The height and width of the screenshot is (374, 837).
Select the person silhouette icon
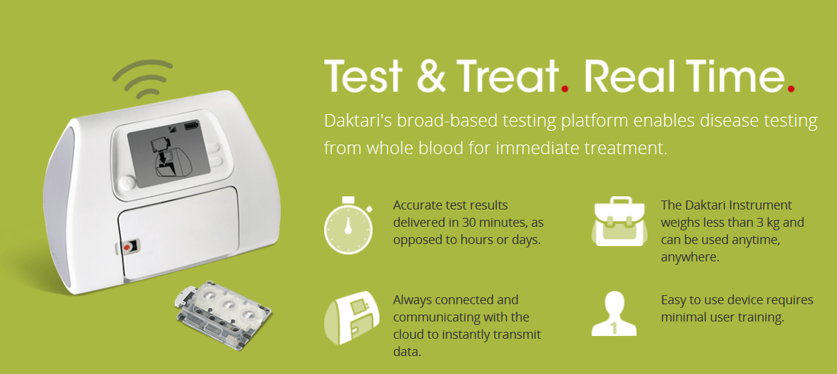(614, 314)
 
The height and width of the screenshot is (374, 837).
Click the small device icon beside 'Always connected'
(352, 318)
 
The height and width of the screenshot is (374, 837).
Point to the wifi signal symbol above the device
(144, 79)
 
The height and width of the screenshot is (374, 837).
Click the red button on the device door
(127, 247)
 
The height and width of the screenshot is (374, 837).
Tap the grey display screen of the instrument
(169, 153)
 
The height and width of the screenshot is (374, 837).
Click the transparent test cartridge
(223, 315)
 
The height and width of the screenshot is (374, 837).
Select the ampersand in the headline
(431, 77)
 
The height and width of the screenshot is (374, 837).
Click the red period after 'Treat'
(565, 88)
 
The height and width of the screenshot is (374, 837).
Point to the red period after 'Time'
(791, 88)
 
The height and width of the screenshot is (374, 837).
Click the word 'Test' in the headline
(363, 76)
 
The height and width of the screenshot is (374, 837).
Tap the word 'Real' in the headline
(630, 76)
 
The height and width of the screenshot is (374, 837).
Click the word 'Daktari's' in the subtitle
(357, 121)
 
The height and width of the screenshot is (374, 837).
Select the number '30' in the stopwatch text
(469, 223)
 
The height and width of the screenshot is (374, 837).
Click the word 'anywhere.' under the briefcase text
(690, 258)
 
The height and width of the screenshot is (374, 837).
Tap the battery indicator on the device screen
(192, 126)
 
